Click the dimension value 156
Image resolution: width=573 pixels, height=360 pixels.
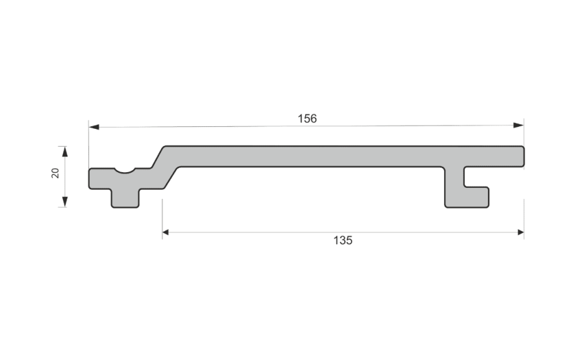click(x=307, y=118)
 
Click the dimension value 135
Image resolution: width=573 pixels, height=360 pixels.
click(x=342, y=241)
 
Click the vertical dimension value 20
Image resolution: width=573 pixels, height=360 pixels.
click(x=56, y=173)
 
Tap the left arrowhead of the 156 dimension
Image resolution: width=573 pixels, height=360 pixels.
click(x=94, y=127)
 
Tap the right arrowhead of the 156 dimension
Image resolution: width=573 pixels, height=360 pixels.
click(x=518, y=126)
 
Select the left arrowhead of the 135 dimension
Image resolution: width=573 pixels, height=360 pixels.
click(x=166, y=232)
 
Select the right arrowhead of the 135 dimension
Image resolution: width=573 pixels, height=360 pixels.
click(x=521, y=232)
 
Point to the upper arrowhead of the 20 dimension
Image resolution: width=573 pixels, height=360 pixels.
click(x=65, y=151)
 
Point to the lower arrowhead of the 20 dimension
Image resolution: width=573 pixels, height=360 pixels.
click(x=65, y=202)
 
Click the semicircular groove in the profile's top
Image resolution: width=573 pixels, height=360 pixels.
click(x=124, y=170)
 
